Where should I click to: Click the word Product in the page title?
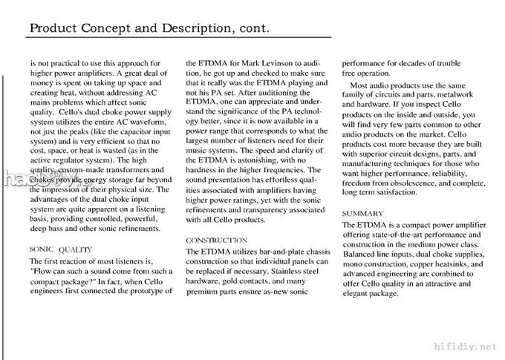coord(53,29)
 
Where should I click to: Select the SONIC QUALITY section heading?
coord(60,249)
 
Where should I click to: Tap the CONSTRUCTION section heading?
coord(216,240)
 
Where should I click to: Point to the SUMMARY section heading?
coord(362,213)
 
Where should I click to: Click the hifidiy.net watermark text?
coord(472,345)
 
